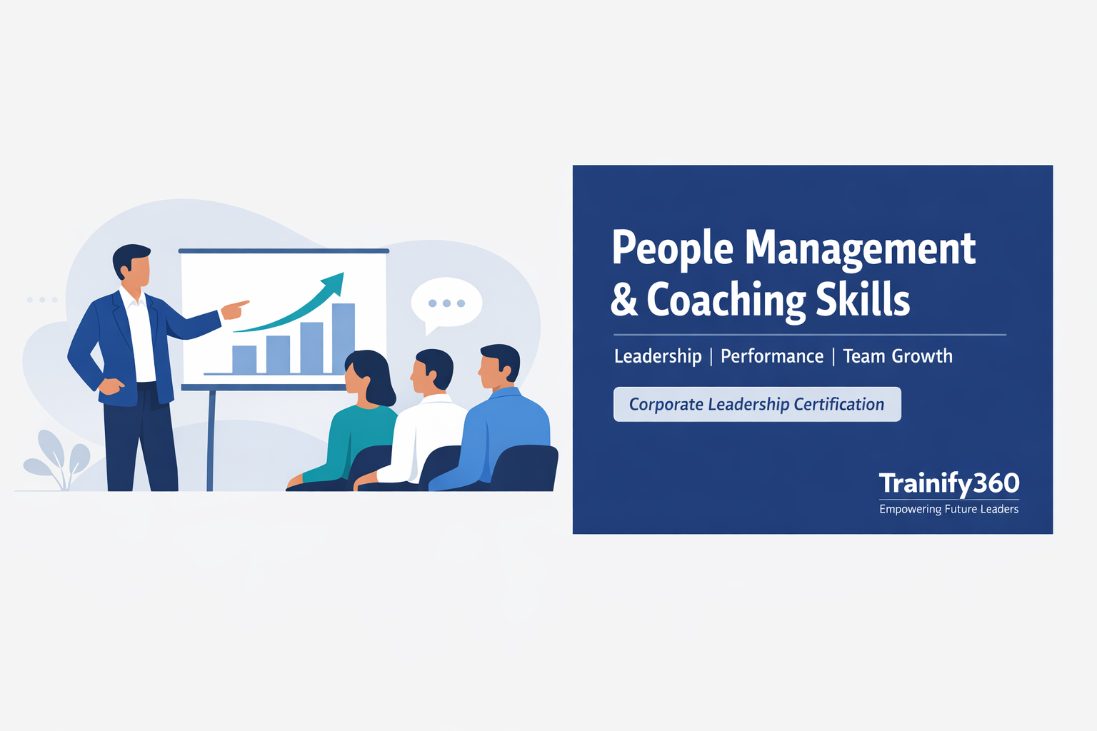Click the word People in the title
672,248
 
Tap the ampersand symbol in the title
623,300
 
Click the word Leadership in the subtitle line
658,356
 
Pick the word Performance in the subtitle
772,356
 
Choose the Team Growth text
898,356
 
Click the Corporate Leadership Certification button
757,404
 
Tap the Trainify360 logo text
949,483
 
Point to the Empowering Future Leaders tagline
949,509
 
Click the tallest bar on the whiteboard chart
344,338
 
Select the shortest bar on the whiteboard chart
244,359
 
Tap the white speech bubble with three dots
446,303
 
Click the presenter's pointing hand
234,309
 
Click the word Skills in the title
863,300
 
